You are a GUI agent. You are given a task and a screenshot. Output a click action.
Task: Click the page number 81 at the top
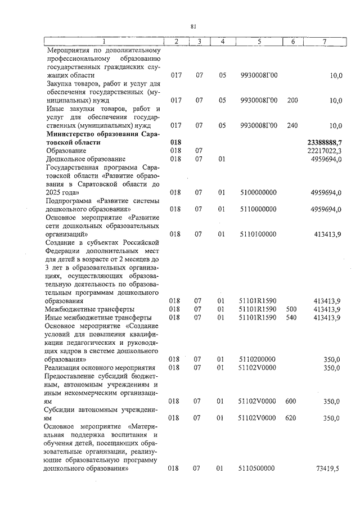pos(192,26)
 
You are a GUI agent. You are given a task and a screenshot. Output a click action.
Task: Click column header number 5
pos(259,42)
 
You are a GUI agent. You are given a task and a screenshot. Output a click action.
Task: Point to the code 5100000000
pos(259,192)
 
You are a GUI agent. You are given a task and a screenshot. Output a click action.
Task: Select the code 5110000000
pos(259,209)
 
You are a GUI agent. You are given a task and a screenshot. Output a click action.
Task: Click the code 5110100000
pos(259,233)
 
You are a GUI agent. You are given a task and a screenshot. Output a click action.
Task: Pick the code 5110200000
pos(259,359)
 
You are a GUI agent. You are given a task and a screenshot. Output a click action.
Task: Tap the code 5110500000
pos(259,467)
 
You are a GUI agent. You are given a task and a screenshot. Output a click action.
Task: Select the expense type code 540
pos(291,317)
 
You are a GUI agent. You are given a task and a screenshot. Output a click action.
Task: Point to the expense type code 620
pos(291,417)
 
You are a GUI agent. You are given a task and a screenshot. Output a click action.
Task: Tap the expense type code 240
pos(292,126)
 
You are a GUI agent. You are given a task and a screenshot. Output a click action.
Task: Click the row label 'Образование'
pos(66,151)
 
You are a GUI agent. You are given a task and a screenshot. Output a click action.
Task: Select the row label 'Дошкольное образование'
pos(86,159)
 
